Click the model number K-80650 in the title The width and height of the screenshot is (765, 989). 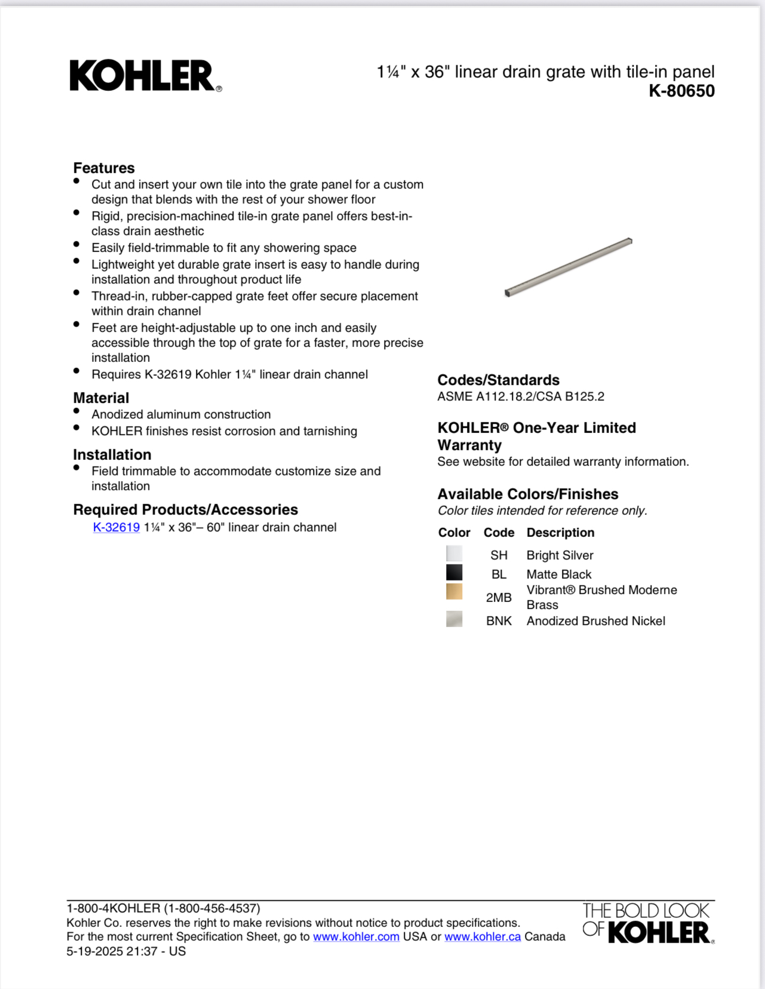pos(681,91)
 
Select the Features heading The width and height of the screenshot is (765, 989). pos(104,168)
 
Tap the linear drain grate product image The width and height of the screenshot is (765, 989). pos(568,267)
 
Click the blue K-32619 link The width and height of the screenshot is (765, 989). pos(116,527)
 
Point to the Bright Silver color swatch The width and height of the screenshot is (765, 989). pos(454,554)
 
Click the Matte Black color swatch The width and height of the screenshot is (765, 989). pos(454,573)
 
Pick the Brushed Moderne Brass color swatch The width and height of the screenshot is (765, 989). pos(454,591)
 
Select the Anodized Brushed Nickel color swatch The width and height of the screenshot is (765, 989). pos(454,619)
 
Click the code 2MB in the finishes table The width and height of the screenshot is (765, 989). pos(499,598)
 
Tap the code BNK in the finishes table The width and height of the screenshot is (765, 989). pos(499,621)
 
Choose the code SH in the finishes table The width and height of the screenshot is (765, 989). pos(499,555)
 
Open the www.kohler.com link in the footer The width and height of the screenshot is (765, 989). pos(356,937)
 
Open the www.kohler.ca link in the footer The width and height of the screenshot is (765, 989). pos(483,937)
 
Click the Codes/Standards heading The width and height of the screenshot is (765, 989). pos(498,380)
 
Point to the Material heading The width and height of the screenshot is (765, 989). pos(101,398)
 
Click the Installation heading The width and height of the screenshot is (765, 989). pos(112,454)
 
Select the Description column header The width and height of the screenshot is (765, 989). pos(560,533)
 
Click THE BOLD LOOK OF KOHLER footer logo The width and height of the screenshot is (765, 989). pos(648,923)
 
